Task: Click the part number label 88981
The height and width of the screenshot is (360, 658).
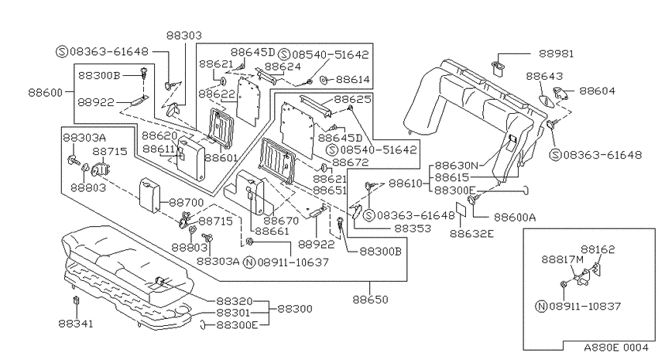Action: [556, 53]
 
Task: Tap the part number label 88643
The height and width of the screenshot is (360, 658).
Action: [544, 76]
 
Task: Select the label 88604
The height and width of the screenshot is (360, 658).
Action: [597, 91]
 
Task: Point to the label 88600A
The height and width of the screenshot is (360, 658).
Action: [515, 218]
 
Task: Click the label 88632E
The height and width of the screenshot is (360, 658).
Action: [471, 234]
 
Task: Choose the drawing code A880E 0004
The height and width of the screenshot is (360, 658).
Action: [616, 348]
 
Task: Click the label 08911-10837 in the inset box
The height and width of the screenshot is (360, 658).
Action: [584, 307]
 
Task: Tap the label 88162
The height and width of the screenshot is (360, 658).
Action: [598, 249]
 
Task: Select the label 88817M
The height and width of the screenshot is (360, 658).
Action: [562, 259]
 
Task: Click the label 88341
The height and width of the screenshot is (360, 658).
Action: [76, 324]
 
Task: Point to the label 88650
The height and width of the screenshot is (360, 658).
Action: [370, 300]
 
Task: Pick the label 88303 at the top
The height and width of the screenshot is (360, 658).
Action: [184, 36]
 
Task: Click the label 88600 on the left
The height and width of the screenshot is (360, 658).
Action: [46, 92]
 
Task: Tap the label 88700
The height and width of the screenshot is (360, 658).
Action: [187, 203]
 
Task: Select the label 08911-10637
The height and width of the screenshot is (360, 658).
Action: [293, 262]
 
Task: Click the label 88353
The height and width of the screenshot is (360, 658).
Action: [413, 228]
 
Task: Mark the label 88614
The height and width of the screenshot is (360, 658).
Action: [353, 79]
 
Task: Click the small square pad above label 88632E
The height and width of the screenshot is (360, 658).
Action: [461, 211]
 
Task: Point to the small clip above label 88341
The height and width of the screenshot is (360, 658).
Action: [76, 300]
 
